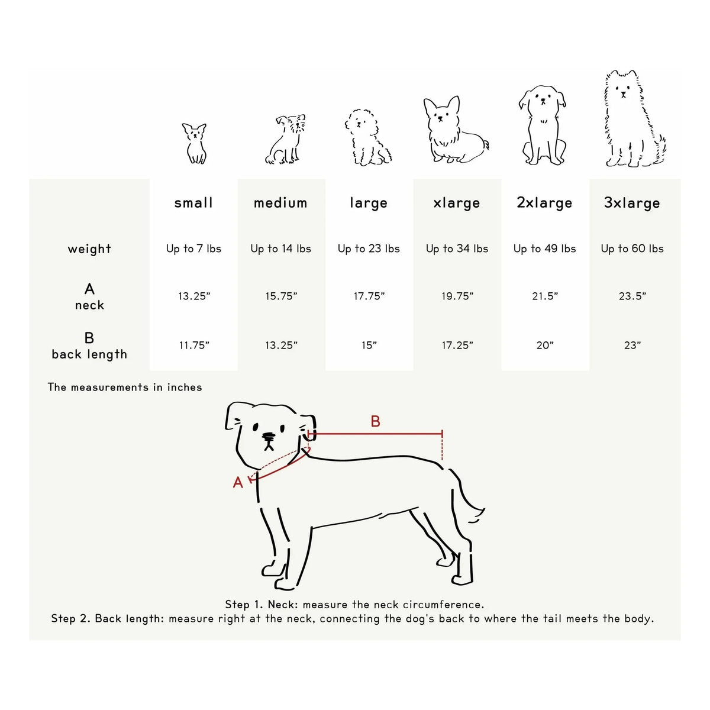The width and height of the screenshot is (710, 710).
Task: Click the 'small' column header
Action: pyautogui.click(x=193, y=203)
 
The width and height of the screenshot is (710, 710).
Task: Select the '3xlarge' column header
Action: pyautogui.click(x=632, y=203)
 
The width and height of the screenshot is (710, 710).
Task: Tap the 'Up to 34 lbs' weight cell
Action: pyautogui.click(x=457, y=248)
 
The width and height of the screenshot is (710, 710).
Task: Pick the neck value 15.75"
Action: pyautogui.click(x=281, y=296)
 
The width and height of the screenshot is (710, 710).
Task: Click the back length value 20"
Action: pyautogui.click(x=545, y=345)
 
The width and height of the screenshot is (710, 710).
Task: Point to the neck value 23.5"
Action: pyautogui.click(x=632, y=296)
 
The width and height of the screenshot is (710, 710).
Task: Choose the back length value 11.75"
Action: pyautogui.click(x=194, y=345)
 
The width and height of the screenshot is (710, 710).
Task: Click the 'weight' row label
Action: pyautogui.click(x=89, y=249)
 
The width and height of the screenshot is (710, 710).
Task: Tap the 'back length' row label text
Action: pyautogui.click(x=89, y=354)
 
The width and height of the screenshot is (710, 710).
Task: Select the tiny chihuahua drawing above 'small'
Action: pyautogui.click(x=195, y=143)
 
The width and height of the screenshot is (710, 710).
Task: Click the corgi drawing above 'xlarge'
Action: pyautogui.click(x=456, y=130)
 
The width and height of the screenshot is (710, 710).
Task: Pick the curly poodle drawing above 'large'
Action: pyautogui.click(x=367, y=137)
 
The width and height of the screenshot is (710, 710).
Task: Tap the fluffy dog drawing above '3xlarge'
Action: pyautogui.click(x=634, y=118)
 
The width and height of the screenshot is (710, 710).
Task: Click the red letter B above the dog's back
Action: pyautogui.click(x=375, y=421)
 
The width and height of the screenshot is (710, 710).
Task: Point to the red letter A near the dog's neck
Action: pyautogui.click(x=238, y=482)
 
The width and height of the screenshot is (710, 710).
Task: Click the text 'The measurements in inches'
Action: pyautogui.click(x=125, y=387)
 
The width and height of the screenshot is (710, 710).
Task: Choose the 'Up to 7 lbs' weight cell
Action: pyautogui.click(x=194, y=248)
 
